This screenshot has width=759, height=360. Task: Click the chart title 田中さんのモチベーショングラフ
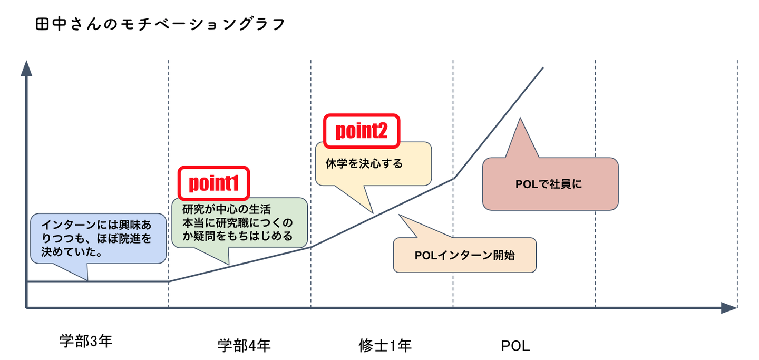(160, 24)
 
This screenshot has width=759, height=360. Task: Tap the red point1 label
(213, 182)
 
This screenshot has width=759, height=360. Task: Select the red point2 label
(362, 131)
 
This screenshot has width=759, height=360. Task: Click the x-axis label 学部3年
(86, 341)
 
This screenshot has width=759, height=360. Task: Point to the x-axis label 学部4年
(244, 345)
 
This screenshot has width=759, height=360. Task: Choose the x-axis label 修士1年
(384, 345)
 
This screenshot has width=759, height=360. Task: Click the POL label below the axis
(515, 346)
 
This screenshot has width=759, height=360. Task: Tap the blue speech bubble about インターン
(98, 238)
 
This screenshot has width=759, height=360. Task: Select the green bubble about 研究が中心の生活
(239, 222)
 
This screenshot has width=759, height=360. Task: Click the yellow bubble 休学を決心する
(373, 163)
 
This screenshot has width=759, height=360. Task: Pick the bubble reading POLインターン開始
(464, 255)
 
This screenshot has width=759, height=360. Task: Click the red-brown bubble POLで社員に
(550, 184)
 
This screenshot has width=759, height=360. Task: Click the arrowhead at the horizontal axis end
(728, 308)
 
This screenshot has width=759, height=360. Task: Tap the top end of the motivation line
(543, 68)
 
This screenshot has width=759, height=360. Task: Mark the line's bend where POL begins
(453, 179)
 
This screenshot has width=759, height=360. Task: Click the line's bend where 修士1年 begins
(311, 247)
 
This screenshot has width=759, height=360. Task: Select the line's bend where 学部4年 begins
(169, 281)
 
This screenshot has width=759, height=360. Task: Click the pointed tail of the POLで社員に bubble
(521, 120)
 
